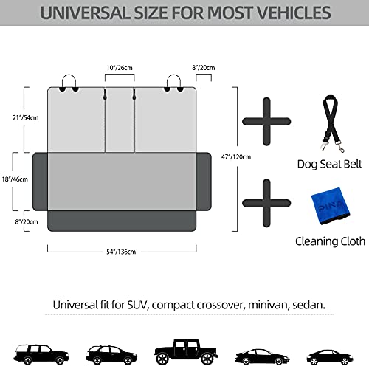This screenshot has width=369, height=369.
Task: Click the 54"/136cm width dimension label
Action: [x=121, y=252]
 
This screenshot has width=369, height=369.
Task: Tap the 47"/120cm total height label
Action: [x=236, y=156]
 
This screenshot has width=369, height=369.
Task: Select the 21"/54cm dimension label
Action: [x=26, y=117]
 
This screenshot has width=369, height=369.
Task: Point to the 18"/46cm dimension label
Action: [x=15, y=179]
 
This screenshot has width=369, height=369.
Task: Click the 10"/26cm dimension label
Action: [x=120, y=68]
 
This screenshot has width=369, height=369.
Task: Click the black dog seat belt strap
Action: [x=331, y=123]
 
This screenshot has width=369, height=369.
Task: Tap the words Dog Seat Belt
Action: [x=330, y=165]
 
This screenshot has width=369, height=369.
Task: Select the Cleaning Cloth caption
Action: [x=331, y=241]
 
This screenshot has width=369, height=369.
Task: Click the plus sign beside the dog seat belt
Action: [x=266, y=122]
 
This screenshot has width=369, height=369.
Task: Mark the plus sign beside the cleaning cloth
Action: [x=266, y=203]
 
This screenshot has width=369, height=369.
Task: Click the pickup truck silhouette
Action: [x=186, y=352]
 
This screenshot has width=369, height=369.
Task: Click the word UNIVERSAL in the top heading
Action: [x=86, y=13]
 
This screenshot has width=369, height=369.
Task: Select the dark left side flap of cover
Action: [x=40, y=182]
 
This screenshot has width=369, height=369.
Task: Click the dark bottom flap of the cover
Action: [x=122, y=221]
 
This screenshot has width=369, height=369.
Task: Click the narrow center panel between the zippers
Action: [x=120, y=120]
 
